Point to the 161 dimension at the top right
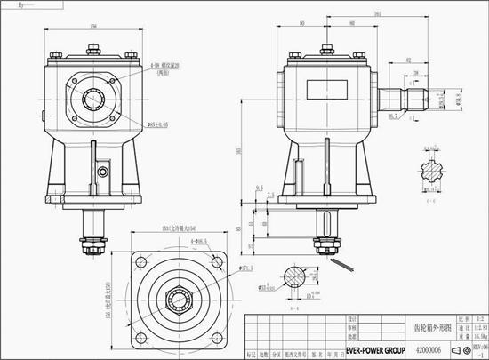point(378,15)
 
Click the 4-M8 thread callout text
point(164,66)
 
